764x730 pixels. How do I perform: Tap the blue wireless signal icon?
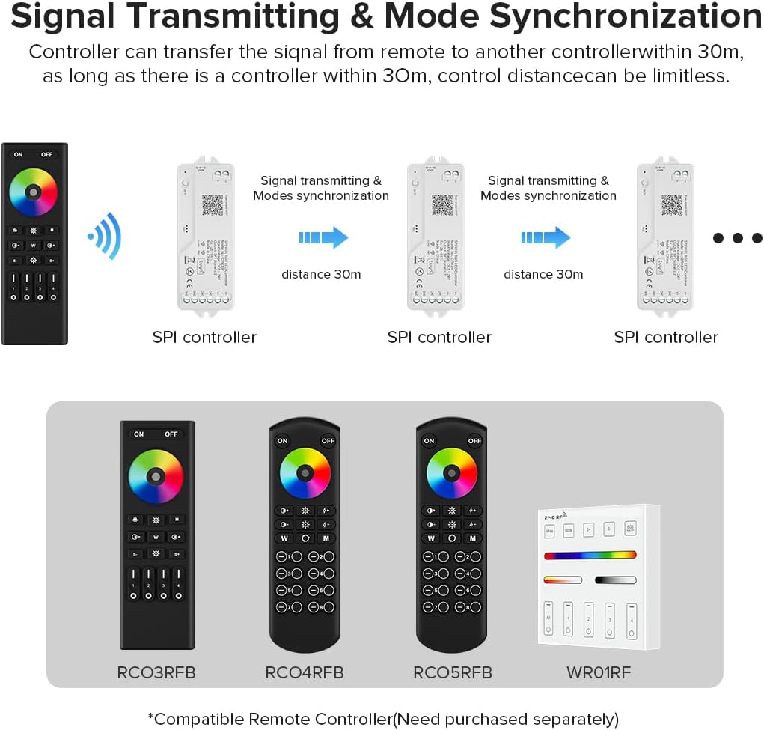(105, 236)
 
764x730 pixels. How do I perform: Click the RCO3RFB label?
(156, 672)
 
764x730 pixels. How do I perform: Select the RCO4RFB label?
(305, 672)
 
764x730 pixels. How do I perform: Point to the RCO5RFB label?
(453, 672)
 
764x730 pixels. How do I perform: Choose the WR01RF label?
(599, 672)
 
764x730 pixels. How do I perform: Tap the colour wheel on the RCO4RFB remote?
(305, 473)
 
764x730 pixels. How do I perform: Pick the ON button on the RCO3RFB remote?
(139, 434)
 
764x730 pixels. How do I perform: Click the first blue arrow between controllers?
(323, 238)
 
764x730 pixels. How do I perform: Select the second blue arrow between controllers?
(546, 238)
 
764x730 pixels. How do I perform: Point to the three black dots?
(737, 238)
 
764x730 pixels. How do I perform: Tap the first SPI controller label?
(204, 337)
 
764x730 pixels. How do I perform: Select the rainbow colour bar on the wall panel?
(590, 556)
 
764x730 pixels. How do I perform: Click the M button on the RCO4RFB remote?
(326, 538)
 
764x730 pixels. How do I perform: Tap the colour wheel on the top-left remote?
(33, 192)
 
